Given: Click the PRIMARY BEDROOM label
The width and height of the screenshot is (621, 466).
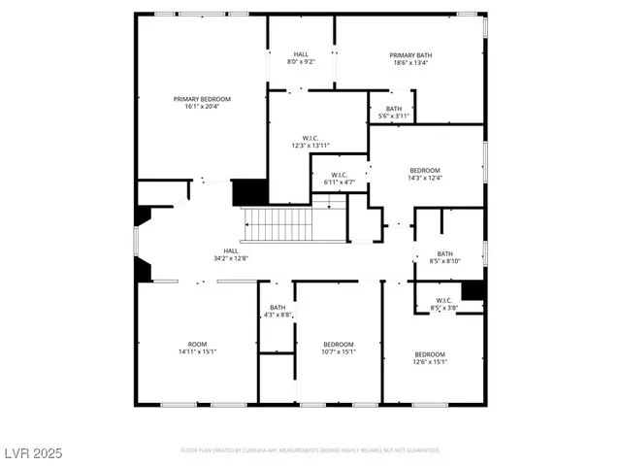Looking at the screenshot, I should pyautogui.click(x=202, y=99).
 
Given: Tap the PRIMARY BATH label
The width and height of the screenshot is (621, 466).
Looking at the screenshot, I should pyautogui.click(x=411, y=55).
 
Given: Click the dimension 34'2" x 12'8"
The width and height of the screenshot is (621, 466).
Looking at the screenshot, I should pyautogui.click(x=231, y=257).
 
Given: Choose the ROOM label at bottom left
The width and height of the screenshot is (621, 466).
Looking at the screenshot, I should pyautogui.click(x=198, y=344).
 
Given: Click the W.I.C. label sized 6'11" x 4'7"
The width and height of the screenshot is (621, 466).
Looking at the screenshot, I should pyautogui.click(x=338, y=175).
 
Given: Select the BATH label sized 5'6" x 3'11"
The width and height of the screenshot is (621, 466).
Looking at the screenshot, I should pyautogui.click(x=393, y=108).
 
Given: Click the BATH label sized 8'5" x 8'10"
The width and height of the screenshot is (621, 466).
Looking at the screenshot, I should pyautogui.click(x=444, y=253).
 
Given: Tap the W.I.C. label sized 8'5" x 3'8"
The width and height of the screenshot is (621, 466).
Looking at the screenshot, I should pyautogui.click(x=444, y=300).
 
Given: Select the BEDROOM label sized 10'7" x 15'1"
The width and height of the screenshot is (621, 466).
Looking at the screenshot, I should pyautogui.click(x=339, y=344).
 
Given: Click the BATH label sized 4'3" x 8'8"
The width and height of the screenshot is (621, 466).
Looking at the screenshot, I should pyautogui.click(x=278, y=308).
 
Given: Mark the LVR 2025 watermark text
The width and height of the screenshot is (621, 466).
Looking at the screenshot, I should pyautogui.click(x=32, y=452).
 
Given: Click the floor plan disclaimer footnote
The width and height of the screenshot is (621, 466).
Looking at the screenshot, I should pyautogui.click(x=310, y=450).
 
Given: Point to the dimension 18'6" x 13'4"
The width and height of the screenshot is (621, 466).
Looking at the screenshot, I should pyautogui.click(x=411, y=64).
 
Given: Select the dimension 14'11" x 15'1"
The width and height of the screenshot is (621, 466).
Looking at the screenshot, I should pyautogui.click(x=198, y=351).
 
